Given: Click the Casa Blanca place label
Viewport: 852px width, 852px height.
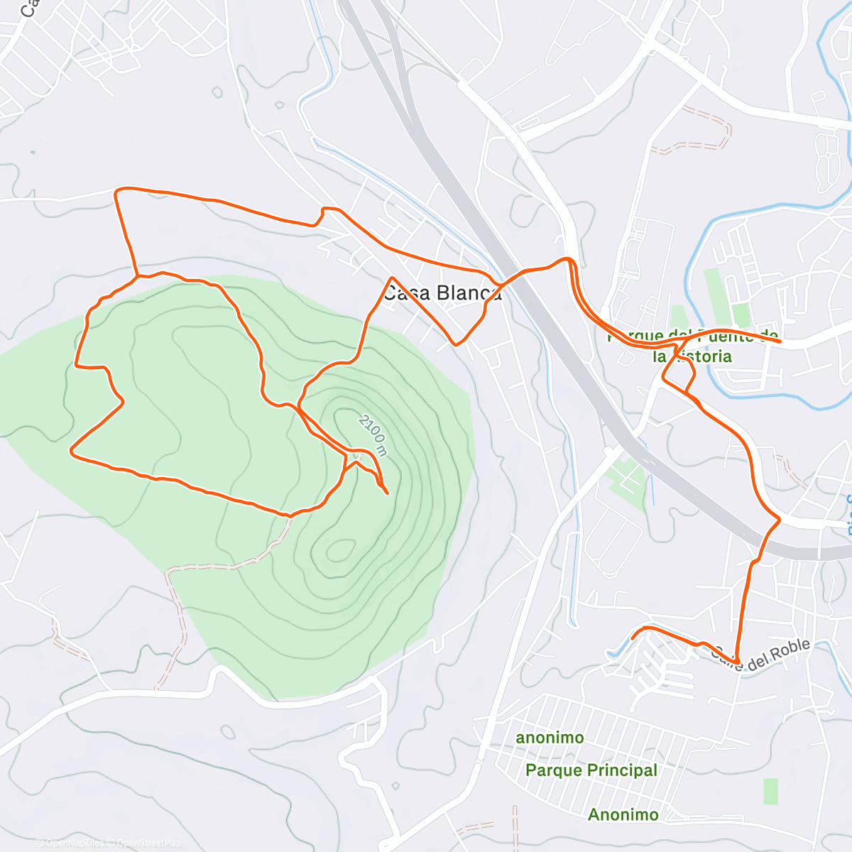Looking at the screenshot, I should pos(442,293).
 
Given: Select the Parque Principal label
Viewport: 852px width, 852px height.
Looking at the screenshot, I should pos(591,770).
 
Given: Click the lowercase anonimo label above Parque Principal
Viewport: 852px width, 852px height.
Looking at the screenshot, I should pos(550,738).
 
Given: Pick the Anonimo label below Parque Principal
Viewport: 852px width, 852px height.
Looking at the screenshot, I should pos(623,815).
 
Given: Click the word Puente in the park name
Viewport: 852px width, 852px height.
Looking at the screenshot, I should pos(724,335).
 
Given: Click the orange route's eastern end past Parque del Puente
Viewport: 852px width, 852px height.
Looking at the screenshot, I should pos(780,342).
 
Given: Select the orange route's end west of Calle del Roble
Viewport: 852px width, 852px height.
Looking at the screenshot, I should pos(633,638).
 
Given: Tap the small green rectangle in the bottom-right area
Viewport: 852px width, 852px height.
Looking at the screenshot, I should pos(770,792).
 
